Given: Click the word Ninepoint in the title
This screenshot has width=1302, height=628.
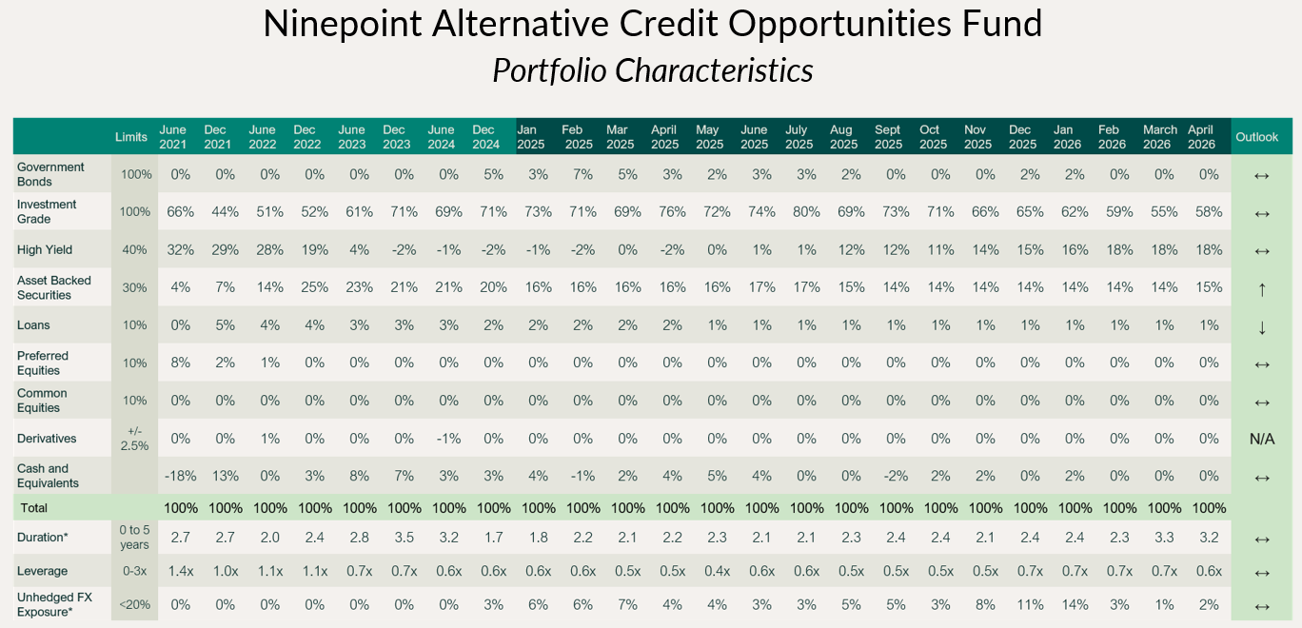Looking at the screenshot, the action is pos(342,25).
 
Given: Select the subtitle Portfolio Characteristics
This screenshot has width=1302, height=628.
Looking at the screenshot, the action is pos(653,70).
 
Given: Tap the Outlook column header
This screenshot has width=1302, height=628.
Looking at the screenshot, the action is pos(1256,137).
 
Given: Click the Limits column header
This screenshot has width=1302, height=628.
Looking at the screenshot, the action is pos(130,137).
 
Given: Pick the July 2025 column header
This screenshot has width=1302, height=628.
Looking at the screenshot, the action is pos(799,137).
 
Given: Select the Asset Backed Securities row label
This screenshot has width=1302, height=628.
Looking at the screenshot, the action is pos(54,287).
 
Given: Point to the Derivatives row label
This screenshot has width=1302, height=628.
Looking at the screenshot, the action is pos(47,439).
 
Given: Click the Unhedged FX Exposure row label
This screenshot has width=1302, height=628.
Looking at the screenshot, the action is pos(54,604).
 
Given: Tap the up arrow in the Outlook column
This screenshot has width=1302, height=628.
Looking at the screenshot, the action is pos(1262,288).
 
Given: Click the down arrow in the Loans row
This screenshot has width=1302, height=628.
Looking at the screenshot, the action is pos(1262,327).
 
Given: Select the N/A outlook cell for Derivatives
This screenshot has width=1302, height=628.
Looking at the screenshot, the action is pos(1262,440).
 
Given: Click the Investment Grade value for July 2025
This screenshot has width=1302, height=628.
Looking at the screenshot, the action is pos(806,212).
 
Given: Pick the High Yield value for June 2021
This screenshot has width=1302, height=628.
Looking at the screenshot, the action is pos(180,250).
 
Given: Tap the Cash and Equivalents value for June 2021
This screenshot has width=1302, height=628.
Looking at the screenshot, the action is pos(179,477).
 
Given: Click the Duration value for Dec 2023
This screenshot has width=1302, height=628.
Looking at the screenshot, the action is pos(404,538).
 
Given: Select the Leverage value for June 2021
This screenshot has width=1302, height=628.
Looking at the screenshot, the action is pos(180,571).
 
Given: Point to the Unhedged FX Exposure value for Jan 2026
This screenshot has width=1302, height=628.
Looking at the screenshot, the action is pos(1075,605).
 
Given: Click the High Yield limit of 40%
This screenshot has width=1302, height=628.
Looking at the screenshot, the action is pos(134,250).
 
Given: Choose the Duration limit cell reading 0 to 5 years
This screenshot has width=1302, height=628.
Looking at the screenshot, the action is pos(134,538).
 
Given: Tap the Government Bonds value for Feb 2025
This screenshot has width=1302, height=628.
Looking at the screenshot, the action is pos(583,174).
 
